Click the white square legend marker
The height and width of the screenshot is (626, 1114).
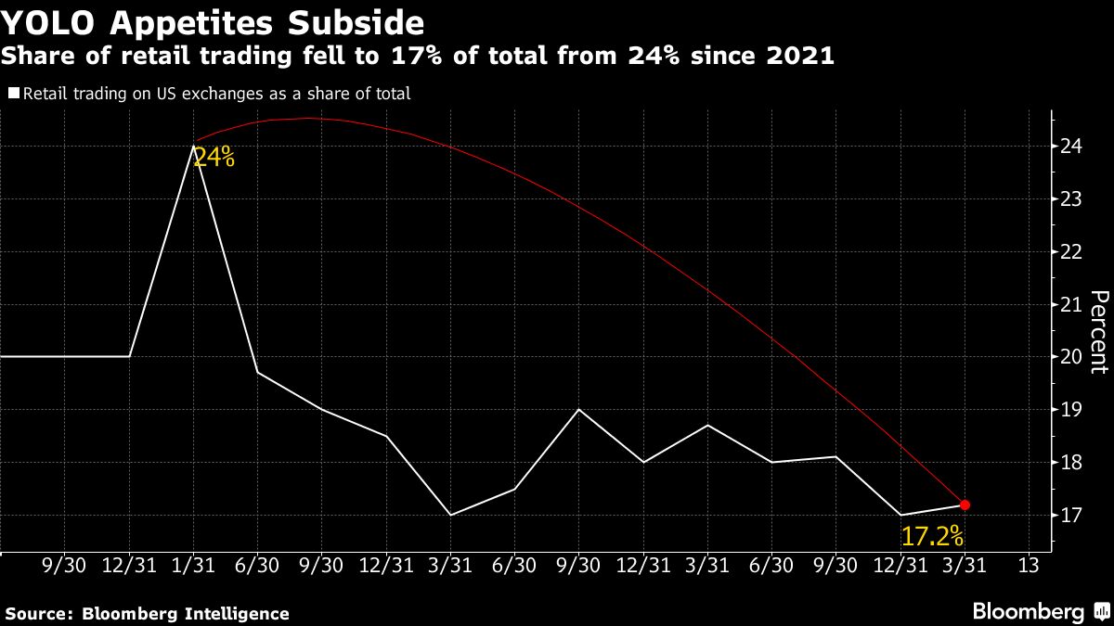point(13,93)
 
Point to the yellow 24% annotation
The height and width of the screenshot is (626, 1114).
point(214,158)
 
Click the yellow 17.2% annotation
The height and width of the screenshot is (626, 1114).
point(931,536)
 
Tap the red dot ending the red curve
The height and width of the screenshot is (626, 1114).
point(965,505)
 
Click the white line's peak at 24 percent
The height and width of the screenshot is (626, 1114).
point(193,146)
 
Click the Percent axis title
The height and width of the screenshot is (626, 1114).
point(1099,331)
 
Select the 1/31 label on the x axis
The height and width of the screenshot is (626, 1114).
point(193,565)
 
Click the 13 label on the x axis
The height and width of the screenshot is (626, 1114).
point(1028,565)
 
